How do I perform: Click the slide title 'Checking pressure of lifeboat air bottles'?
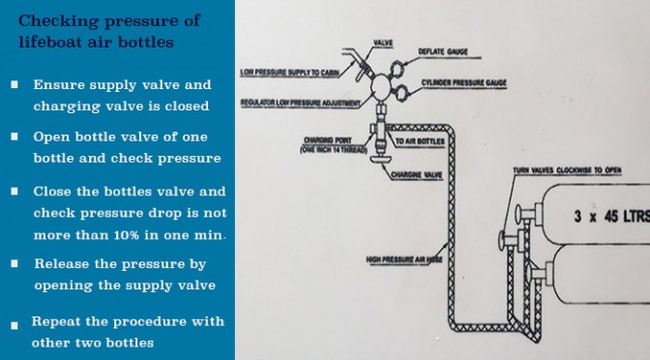109,31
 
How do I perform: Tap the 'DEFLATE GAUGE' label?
443,51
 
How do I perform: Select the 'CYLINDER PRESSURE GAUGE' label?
464,82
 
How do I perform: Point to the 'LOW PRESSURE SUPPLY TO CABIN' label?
290,73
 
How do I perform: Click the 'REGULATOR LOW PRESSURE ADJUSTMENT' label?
301,104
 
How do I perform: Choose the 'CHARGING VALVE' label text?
417,175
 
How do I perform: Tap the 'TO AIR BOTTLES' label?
420,141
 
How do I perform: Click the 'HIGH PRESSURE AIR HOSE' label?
404,260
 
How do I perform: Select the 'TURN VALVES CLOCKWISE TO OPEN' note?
567,170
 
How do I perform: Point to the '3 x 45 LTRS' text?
612,216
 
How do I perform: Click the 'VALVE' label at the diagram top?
383,43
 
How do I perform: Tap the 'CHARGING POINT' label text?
328,140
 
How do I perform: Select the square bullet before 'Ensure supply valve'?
15,84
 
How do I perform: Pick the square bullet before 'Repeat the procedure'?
15,325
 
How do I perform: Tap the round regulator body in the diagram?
381,86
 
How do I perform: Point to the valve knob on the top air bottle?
518,214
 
